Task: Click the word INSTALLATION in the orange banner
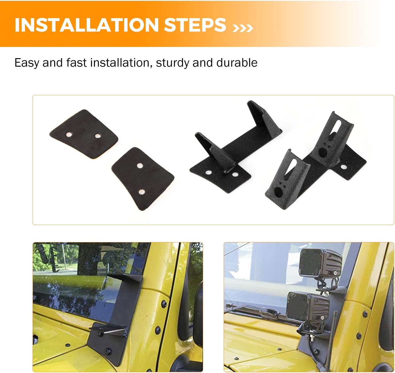pos(86,25)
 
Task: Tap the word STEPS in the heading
pos(195,25)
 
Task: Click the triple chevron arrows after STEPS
pos(243,28)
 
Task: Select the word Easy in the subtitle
pos(27,63)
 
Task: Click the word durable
pos(237,63)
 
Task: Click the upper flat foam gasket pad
pos(84,134)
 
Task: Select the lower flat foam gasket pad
pos(143,179)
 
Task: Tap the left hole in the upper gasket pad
pos(69,134)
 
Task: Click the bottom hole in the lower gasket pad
pos(142,192)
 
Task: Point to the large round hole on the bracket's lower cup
pos(278,192)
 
